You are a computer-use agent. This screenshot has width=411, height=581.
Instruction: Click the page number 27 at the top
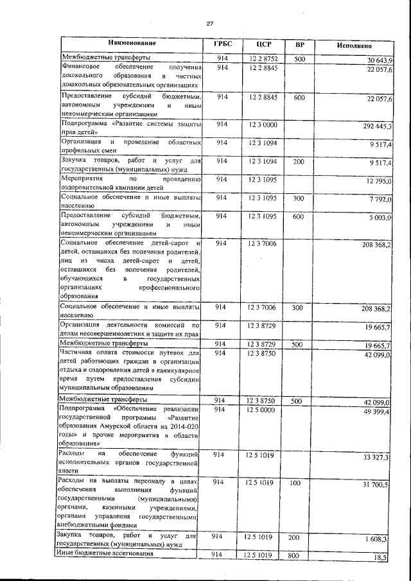pyautogui.click(x=209, y=24)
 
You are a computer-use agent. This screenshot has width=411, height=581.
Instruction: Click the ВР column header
pyautogui.click(x=299, y=45)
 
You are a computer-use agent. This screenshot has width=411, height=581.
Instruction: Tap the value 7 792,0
pyautogui.click(x=380, y=200)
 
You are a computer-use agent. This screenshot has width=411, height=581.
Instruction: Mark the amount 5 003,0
pyautogui.click(x=380, y=218)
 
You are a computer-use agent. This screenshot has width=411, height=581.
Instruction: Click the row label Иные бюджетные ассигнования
pyautogui.click(x=106, y=554)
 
